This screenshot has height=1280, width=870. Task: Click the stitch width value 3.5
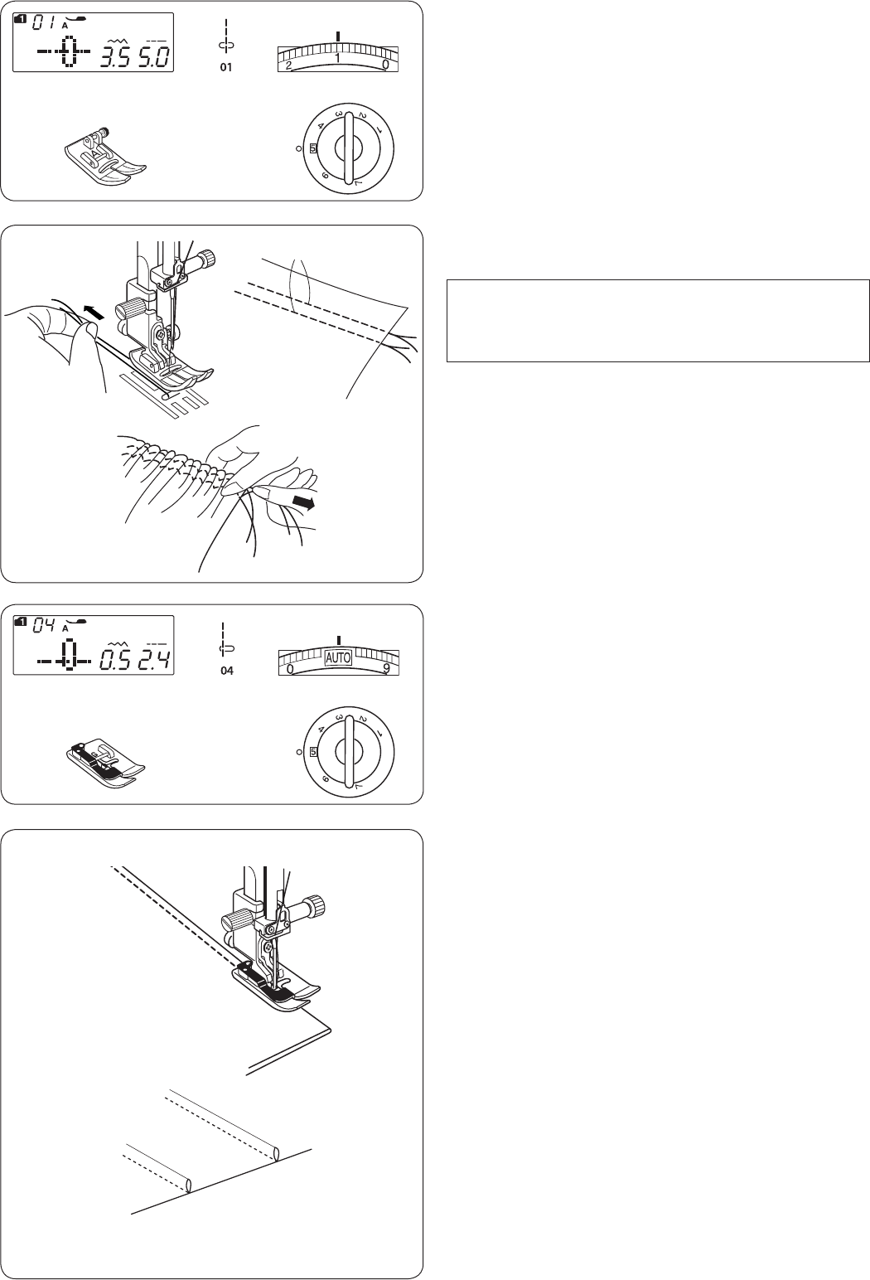pos(116,58)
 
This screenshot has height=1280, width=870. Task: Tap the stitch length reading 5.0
pos(153,58)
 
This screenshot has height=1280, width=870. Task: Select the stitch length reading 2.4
pos(153,661)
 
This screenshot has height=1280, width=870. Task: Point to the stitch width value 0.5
pos(116,661)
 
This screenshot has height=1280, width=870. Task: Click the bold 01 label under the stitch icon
pos(226,67)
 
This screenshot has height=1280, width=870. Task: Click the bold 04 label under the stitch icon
pos(227,671)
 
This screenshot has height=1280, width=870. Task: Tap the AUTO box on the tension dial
pos(338,658)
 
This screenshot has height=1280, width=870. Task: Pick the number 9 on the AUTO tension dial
pos(387,668)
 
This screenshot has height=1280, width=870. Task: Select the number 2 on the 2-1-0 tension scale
pos(288,65)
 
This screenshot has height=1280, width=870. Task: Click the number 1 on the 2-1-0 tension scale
pos(337,58)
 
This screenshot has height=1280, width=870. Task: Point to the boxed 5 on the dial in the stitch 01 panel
pos(312,148)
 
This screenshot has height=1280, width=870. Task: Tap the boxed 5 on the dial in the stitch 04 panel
pos(313,752)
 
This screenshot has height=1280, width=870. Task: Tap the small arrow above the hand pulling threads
pos(94,312)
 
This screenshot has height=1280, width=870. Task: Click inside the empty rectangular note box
pos(658,321)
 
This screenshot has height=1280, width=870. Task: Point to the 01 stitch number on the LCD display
pos(43,23)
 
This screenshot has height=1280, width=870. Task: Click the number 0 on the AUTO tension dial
pos(290,668)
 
